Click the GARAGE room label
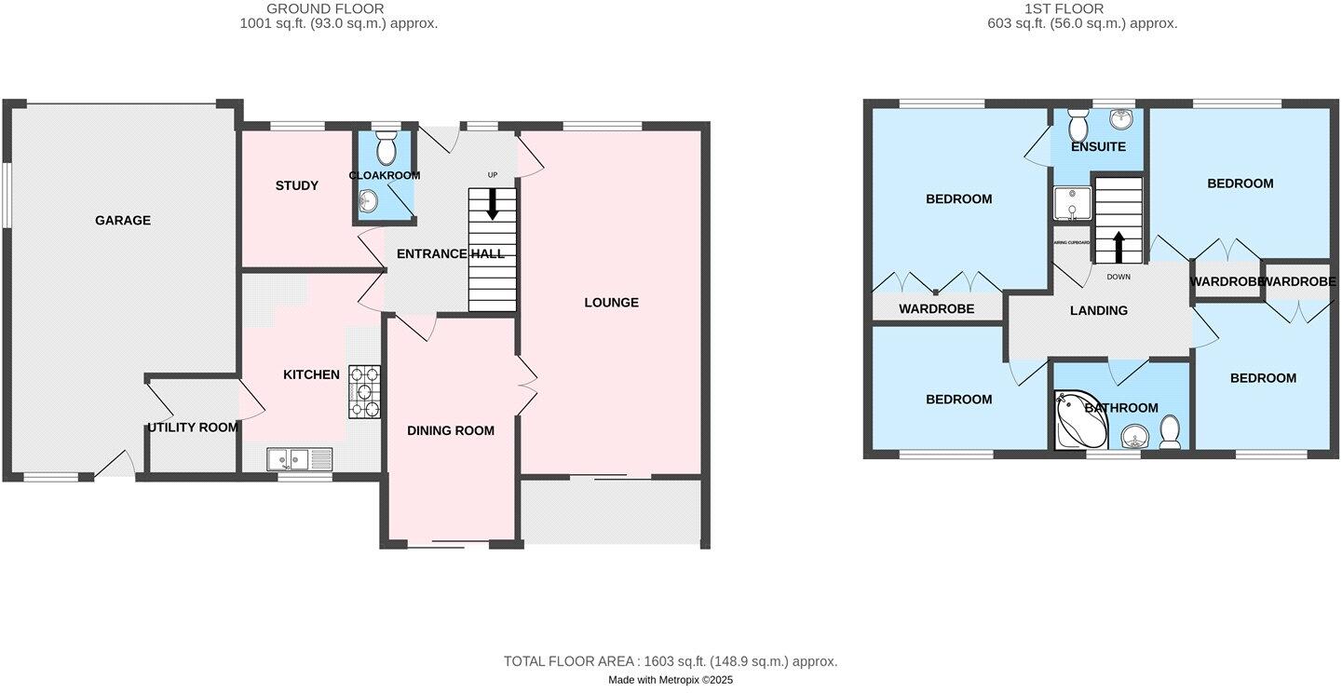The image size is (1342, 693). click(122, 221)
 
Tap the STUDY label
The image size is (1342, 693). click(297, 185)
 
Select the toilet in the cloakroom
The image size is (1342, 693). click(386, 146)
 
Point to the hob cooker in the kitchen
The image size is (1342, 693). click(364, 391)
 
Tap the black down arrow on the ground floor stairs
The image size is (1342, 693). click(492, 205)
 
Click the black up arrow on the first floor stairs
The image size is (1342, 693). click(1118, 247)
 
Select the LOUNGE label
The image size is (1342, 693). click(611, 302)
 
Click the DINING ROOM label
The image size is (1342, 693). click(451, 430)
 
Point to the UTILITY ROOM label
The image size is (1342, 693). click(193, 428)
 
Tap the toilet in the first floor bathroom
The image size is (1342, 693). click(1170, 431)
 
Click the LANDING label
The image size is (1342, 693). click(1099, 310)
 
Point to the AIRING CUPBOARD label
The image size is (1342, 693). click(1071, 242)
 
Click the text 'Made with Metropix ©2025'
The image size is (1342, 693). click(671, 680)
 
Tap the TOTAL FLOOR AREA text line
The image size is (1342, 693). click(671, 661)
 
